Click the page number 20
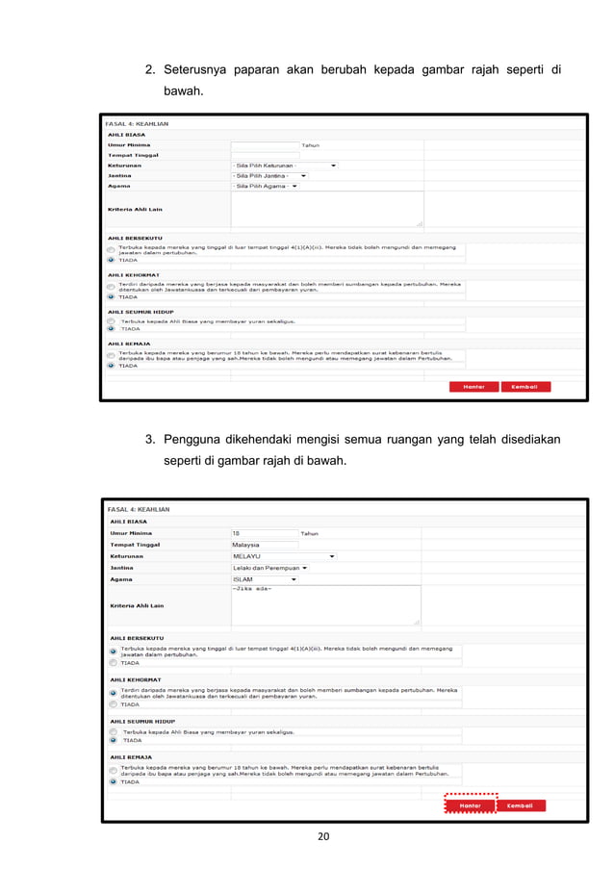pyautogui.click(x=323, y=836)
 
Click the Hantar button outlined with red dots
pyautogui.click(x=470, y=805)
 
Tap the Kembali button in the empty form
pyautogui.click(x=524, y=387)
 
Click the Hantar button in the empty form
pyautogui.click(x=473, y=387)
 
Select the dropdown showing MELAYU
pyautogui.click(x=284, y=555)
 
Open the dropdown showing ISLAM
pyautogui.click(x=265, y=579)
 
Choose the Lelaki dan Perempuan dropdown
pyautogui.click(x=269, y=568)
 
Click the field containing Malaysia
pyautogui.click(x=265, y=544)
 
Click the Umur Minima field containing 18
pyautogui.click(x=265, y=532)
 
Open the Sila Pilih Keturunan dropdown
pyautogui.click(x=284, y=166)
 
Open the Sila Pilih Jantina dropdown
pyautogui.click(x=269, y=176)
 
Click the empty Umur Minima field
pyautogui.click(x=265, y=144)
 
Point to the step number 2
pyautogui.click(x=150, y=71)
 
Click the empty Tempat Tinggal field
pyautogui.click(x=265, y=155)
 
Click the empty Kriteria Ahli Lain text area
pyautogui.click(x=326, y=209)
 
